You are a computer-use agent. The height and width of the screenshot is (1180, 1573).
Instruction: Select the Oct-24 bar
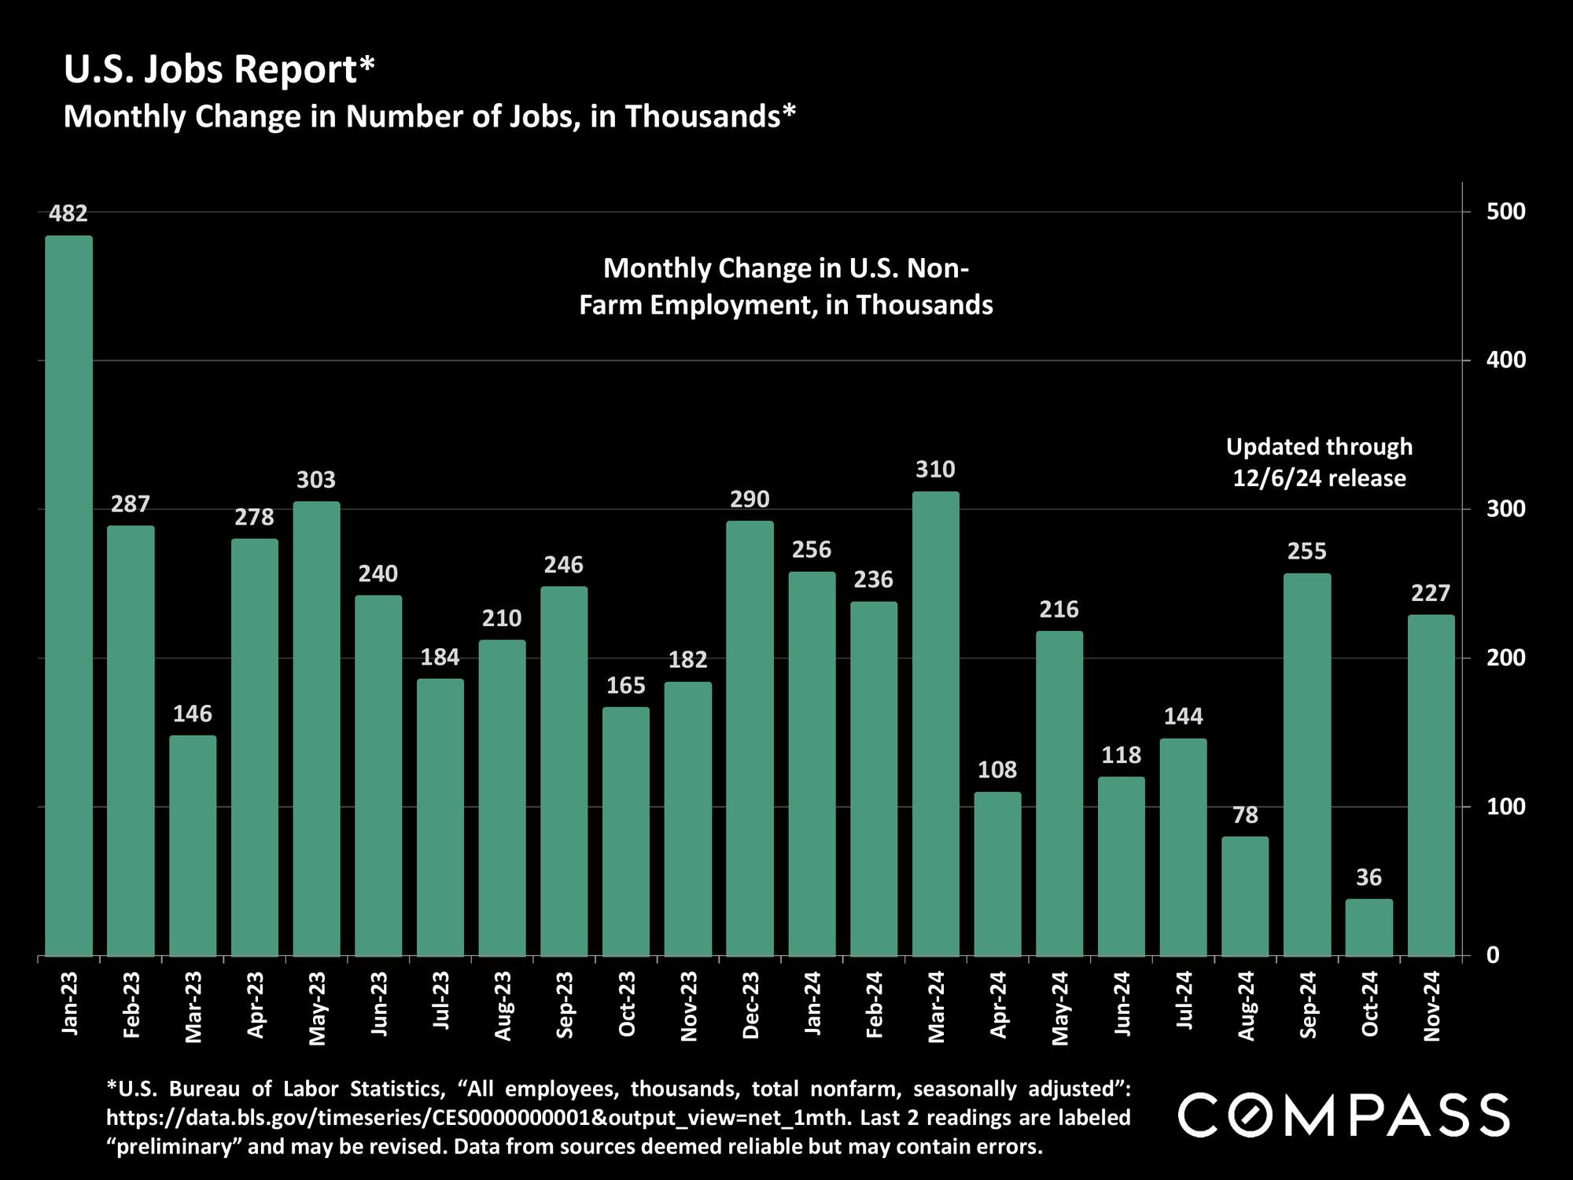1369,927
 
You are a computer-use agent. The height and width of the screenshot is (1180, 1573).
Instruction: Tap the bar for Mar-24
935,724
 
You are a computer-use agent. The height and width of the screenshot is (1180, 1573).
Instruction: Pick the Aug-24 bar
1245,896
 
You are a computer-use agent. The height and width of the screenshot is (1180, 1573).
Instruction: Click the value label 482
68,213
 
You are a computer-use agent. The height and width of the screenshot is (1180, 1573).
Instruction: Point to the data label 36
1369,877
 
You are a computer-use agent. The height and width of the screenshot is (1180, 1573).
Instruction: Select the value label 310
935,470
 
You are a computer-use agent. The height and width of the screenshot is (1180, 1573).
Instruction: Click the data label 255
1306,551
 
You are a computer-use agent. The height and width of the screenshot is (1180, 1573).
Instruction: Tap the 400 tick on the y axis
1505,360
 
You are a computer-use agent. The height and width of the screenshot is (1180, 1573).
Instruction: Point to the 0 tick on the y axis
1493,955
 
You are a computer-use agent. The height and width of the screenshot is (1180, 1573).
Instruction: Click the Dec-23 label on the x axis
750,1005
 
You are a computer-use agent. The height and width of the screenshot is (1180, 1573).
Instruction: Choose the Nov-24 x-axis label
1431,1006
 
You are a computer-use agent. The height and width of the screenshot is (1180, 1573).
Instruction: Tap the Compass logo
1343,1115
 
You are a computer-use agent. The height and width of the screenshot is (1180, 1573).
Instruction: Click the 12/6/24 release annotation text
1319,478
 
